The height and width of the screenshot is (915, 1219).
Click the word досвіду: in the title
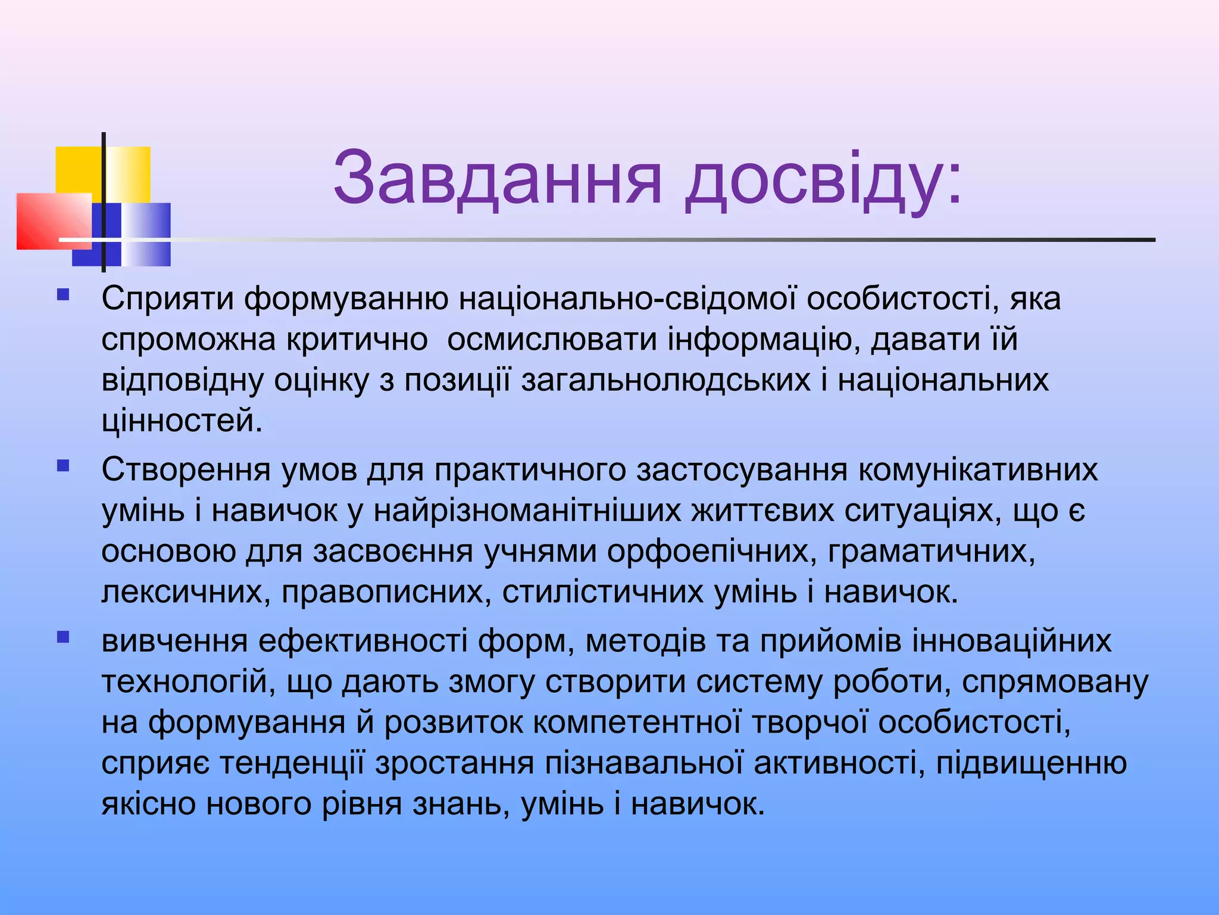pyautogui.click(x=823, y=179)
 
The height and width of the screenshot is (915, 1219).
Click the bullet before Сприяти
pyautogui.click(x=63, y=294)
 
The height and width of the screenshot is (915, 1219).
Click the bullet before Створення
pyautogui.click(x=63, y=465)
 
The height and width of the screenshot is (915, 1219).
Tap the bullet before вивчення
pyautogui.click(x=63, y=637)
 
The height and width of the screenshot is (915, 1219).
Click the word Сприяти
pyautogui.click(x=167, y=298)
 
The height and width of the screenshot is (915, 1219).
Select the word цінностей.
pyautogui.click(x=181, y=421)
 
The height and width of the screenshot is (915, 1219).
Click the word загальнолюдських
pyautogui.click(x=665, y=380)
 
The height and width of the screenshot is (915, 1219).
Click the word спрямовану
pyautogui.click(x=1055, y=682)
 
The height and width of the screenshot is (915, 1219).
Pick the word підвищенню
pyautogui.click(x=1031, y=763)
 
